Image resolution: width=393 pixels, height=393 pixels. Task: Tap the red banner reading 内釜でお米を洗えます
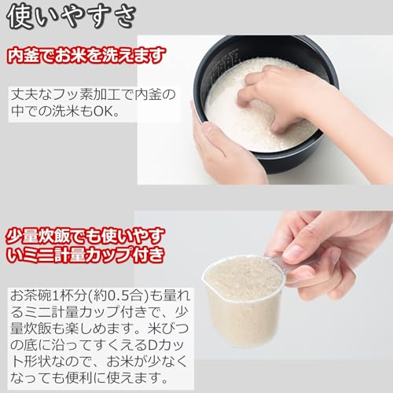[x=86, y=56]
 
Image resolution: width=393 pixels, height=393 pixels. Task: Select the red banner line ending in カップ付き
[x=86, y=254]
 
